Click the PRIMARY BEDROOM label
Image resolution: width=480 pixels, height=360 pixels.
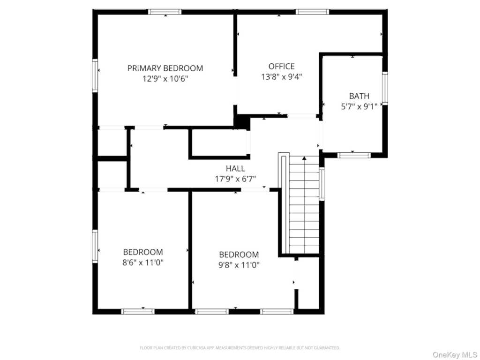point(165,68)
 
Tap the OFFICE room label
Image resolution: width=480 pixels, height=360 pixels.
point(281,67)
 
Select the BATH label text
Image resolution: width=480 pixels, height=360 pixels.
point(359,96)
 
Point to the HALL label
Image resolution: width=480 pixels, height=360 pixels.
point(235,168)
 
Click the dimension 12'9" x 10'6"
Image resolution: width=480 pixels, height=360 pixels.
point(165,79)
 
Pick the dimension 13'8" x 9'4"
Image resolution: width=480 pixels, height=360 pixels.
point(281,76)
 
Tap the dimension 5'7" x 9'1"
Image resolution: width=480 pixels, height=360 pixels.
point(359,106)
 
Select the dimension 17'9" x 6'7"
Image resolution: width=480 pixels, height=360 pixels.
point(235,179)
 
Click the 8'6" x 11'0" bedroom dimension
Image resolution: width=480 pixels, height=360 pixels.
point(143,262)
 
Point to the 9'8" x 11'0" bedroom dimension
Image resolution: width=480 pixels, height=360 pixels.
point(239,265)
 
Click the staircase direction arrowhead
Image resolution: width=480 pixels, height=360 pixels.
point(304,158)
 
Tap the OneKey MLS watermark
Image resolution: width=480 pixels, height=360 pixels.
point(454,355)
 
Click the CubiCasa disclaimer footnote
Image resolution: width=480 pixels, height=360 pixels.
point(240,348)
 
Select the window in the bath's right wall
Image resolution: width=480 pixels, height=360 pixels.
point(385,89)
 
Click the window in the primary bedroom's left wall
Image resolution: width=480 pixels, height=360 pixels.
point(95,75)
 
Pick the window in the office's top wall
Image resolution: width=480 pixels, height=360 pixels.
point(312,12)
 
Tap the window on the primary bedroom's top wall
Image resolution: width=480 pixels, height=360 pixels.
point(165,12)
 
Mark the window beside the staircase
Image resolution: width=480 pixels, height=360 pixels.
point(322,184)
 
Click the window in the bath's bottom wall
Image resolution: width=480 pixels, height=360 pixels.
point(354,155)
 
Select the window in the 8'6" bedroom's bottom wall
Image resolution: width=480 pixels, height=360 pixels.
point(138,312)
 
